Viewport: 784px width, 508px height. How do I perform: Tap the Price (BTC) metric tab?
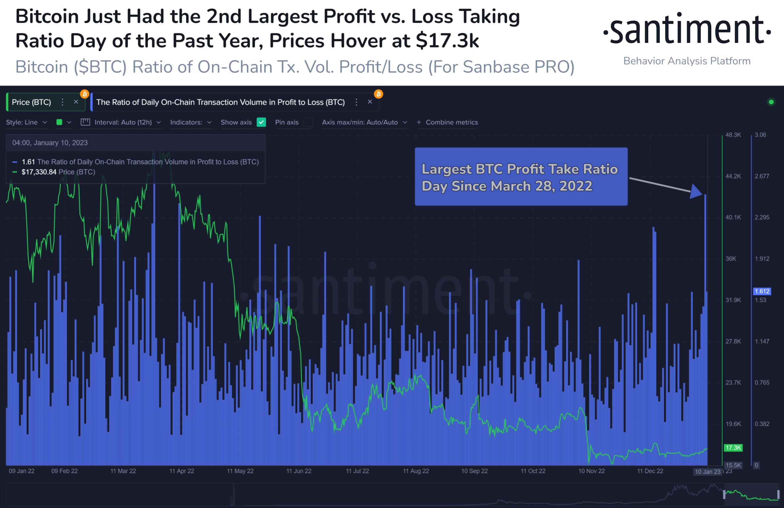pos(32,103)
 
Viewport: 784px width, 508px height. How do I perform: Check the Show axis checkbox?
pos(261,122)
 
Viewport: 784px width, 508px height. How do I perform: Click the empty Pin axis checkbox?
pos(308,122)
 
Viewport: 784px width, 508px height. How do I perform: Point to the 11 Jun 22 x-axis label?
pos(298,471)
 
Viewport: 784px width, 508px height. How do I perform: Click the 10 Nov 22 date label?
pos(591,471)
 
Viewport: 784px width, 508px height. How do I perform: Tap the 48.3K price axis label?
pos(733,135)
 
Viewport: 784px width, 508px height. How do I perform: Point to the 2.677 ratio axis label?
pos(762,176)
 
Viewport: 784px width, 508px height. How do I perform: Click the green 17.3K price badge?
pos(733,448)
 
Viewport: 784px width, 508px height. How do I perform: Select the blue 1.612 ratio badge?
pos(762,291)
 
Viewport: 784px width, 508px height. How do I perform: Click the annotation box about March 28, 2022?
pos(521,177)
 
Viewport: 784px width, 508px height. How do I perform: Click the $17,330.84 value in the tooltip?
pos(39,172)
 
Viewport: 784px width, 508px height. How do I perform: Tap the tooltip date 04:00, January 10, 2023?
pos(50,143)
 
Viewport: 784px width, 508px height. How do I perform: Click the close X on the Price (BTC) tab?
pos(76,102)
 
